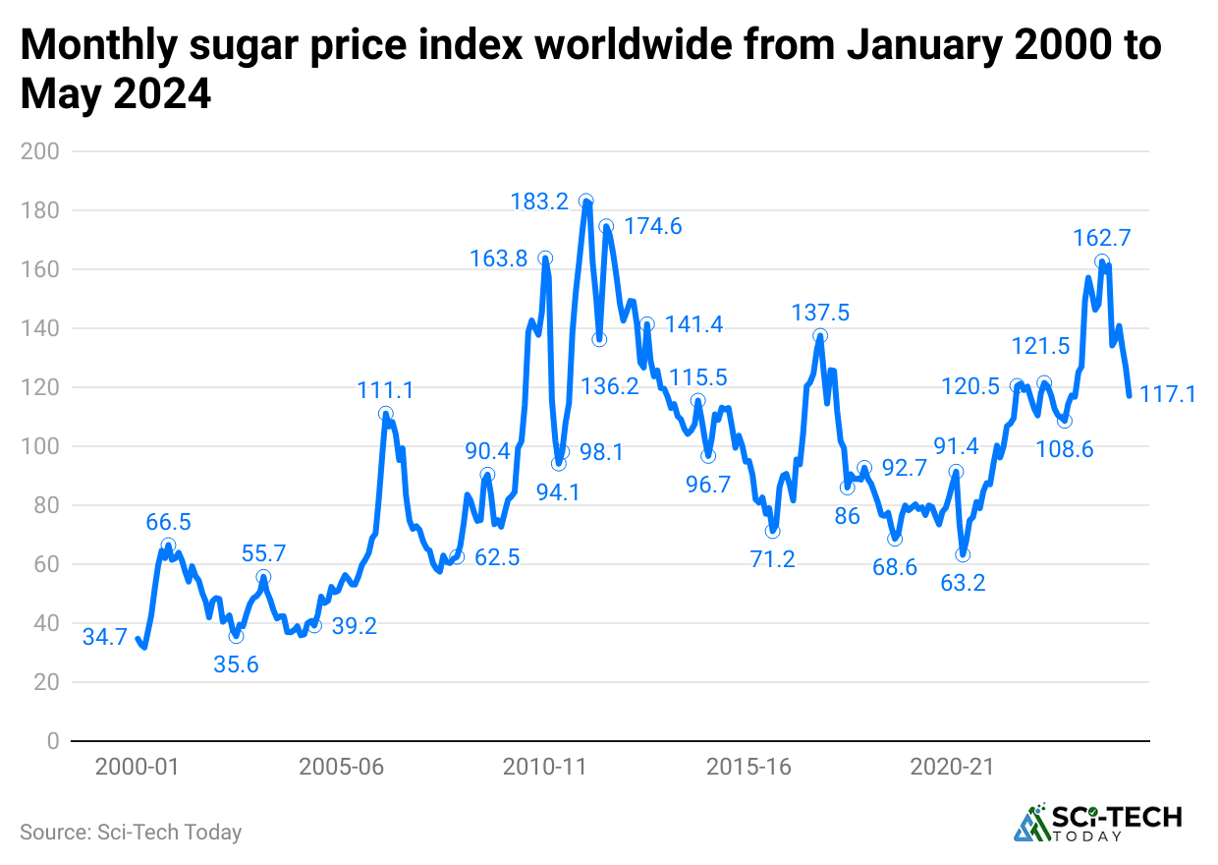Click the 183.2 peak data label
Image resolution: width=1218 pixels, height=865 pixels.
click(x=539, y=202)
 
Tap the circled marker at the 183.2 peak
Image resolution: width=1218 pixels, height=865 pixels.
click(x=586, y=201)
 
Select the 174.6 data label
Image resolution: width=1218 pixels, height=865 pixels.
click(x=653, y=227)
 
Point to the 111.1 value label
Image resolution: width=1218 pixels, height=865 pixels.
click(x=385, y=390)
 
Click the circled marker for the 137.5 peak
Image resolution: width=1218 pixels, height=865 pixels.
click(x=820, y=336)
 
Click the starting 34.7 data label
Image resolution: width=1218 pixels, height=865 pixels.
click(x=105, y=637)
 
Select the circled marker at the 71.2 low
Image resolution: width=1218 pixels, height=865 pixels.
click(x=773, y=531)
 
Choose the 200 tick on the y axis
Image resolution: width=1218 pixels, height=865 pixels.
click(x=40, y=151)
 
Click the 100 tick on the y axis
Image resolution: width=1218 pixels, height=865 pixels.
click(x=40, y=446)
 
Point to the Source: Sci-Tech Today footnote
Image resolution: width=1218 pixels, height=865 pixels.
click(x=131, y=832)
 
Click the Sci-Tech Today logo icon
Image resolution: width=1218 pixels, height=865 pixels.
click(x=1030, y=824)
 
